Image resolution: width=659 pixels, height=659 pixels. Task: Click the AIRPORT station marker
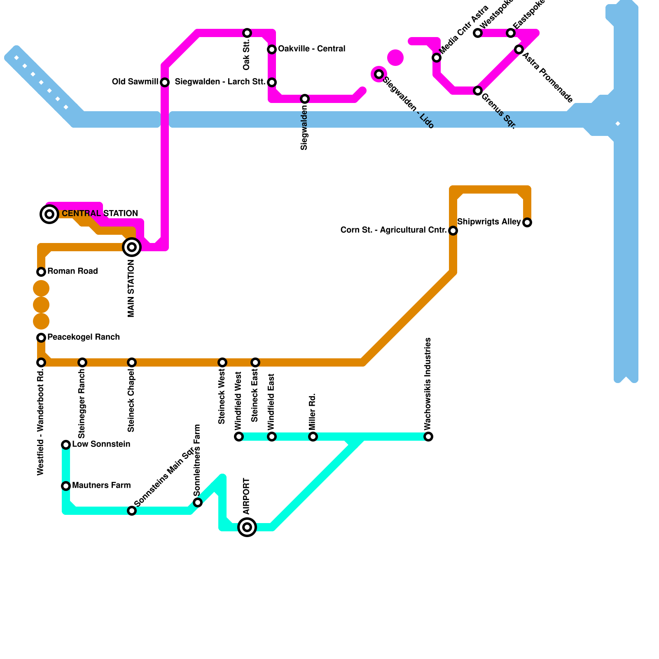(247, 527)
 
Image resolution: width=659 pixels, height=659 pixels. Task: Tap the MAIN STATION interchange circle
(132, 247)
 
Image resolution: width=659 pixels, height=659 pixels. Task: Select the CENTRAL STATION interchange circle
(49, 214)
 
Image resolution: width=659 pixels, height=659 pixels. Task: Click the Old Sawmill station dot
(165, 82)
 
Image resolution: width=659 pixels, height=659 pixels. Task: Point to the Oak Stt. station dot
(247, 33)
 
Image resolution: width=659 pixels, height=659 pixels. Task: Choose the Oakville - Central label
(311, 49)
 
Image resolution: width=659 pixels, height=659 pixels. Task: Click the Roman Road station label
(72, 271)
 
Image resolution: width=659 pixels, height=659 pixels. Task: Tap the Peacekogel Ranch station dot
(41, 338)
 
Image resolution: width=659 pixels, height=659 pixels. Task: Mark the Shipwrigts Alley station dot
(527, 222)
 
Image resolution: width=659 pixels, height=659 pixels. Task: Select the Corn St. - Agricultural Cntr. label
(393, 230)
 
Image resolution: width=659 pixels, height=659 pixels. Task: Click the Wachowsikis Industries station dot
(428, 437)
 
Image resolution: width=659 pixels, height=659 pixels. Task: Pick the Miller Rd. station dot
(313, 437)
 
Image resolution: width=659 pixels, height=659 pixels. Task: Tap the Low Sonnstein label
(101, 444)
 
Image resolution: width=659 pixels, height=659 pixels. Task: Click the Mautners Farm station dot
(66, 486)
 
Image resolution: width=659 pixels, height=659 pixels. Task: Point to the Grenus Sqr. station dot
(478, 91)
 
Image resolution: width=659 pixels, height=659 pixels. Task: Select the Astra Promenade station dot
(519, 49)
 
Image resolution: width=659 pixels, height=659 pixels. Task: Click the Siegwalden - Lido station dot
(379, 74)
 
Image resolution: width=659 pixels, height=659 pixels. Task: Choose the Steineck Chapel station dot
(132, 362)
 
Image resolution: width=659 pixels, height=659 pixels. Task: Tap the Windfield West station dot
(239, 437)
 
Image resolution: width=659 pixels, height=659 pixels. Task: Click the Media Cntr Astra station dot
(437, 58)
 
